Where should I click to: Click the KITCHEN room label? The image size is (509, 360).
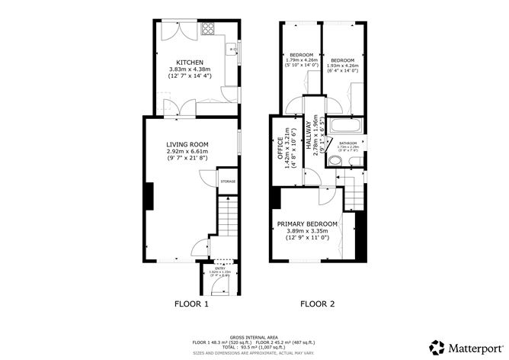click(x=189, y=62)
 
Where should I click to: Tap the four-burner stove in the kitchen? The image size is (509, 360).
click(x=207, y=31)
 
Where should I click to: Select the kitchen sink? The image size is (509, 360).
click(x=229, y=50)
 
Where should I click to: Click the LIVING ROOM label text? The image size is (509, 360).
click(x=188, y=144)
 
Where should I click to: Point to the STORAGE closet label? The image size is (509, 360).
click(x=228, y=182)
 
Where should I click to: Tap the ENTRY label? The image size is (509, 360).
click(x=219, y=268)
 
